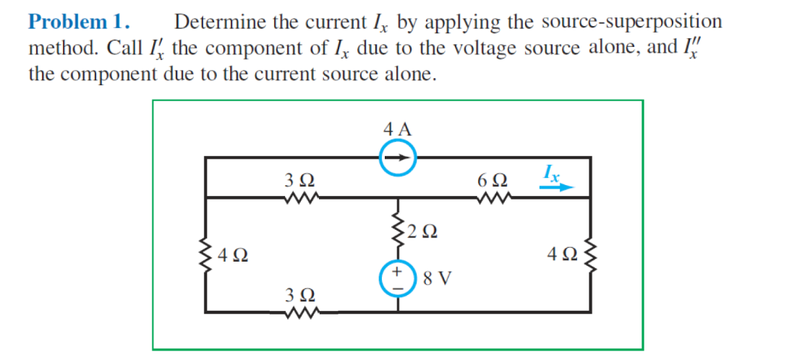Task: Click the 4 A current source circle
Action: pos(397,158)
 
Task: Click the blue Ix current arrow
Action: pos(555,187)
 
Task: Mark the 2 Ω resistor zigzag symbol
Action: pos(397,230)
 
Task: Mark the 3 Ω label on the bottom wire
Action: pos(299,296)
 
